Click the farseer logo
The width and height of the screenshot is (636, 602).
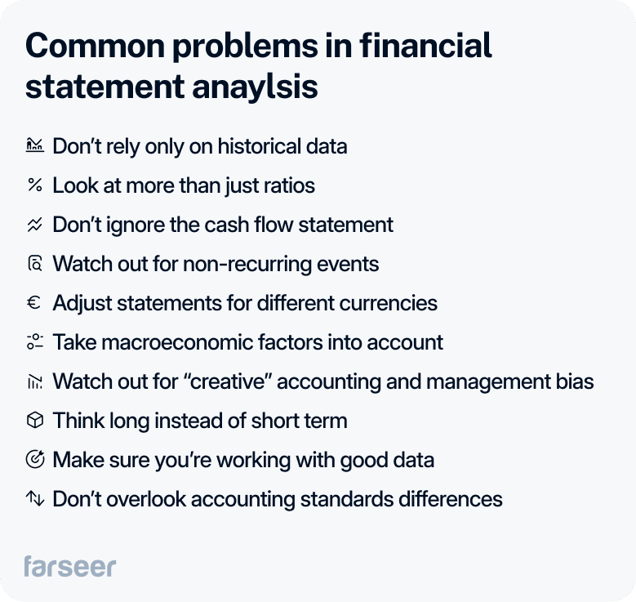click(x=69, y=566)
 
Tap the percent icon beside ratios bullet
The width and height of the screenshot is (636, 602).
click(x=34, y=185)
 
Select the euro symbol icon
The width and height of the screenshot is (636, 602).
click(x=34, y=303)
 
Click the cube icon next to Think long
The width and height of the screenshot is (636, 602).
click(x=34, y=421)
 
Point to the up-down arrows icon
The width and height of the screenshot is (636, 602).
click(x=34, y=498)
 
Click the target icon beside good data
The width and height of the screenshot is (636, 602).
click(x=34, y=460)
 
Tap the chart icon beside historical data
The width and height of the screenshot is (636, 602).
click(x=34, y=146)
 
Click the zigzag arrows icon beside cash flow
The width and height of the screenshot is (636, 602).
click(x=34, y=225)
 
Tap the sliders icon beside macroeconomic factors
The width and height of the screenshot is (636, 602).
click(x=34, y=342)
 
